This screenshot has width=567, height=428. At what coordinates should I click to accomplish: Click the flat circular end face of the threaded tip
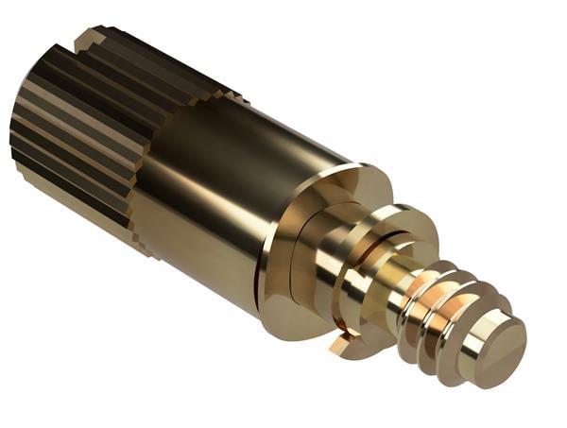pyautogui.click(x=498, y=336)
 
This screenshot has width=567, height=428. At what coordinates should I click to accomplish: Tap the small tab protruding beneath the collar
pyautogui.click(x=340, y=345)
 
